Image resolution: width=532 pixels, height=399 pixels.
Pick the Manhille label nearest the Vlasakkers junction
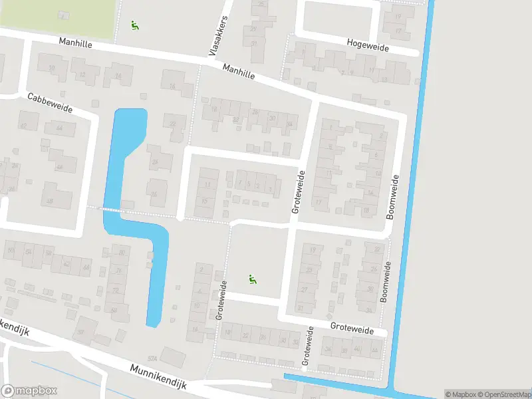(x=239, y=72)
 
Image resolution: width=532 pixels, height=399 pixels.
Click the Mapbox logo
(x=29, y=391)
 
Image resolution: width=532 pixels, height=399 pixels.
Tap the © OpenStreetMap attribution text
(x=503, y=394)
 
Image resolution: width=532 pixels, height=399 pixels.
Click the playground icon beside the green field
(x=135, y=26)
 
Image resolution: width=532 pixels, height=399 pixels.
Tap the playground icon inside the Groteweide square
(x=252, y=280)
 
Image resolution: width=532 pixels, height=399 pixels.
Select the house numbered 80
(x=120, y=251)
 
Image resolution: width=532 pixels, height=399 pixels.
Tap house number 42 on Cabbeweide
(x=23, y=126)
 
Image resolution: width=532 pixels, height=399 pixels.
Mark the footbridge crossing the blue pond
(x=112, y=209)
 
